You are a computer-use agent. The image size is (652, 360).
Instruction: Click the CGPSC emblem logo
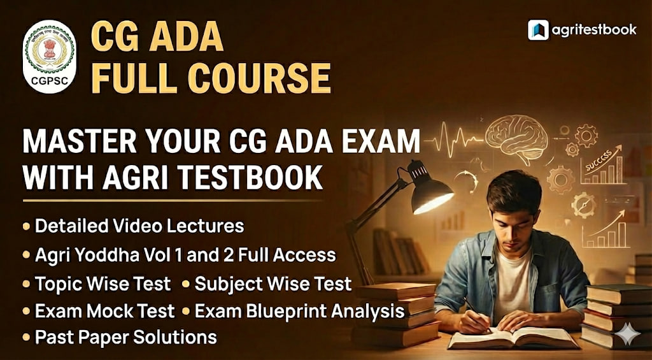49,56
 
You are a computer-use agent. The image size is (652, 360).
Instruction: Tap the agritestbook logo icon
538,30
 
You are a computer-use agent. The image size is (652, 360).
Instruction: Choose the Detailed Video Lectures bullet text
139,226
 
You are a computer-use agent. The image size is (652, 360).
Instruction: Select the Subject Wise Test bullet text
273,282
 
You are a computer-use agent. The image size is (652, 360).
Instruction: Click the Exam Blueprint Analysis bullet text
300,311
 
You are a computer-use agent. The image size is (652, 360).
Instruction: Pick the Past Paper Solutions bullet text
126,336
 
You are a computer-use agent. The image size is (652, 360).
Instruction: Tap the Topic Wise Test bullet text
103,282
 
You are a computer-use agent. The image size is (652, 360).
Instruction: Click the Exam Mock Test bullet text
104,311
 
